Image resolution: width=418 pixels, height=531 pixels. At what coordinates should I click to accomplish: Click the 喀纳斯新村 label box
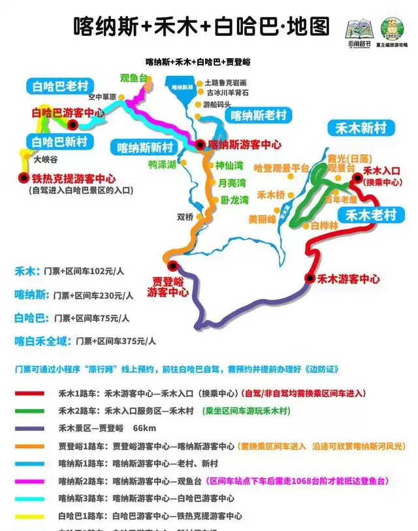(x=145, y=146)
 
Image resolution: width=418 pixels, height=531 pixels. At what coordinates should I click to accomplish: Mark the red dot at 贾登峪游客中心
(x=172, y=265)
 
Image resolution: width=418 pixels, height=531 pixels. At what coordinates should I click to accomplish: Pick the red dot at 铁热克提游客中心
(x=24, y=178)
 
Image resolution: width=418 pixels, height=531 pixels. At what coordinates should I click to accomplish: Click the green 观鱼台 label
(x=134, y=78)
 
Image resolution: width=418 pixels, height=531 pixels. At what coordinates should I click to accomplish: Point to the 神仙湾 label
(x=229, y=165)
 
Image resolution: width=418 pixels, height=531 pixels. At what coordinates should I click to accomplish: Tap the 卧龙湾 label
(x=234, y=199)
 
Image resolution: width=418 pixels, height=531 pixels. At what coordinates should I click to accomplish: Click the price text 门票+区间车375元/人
(x=116, y=340)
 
